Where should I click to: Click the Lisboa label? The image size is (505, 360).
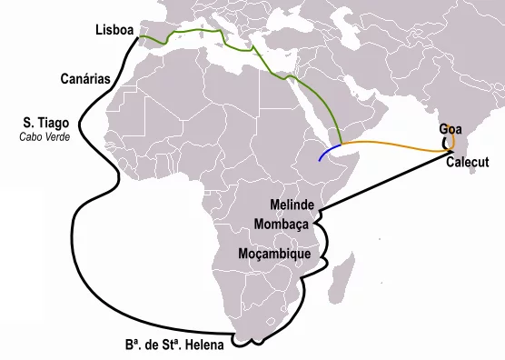114,31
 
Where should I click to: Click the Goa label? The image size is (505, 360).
449,129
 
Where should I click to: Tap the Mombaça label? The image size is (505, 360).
282,223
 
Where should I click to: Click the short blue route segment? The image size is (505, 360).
329,151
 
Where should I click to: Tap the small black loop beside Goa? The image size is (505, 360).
444,142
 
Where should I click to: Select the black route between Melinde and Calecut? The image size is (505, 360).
391,182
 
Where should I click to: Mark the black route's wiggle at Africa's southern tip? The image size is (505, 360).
250,343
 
